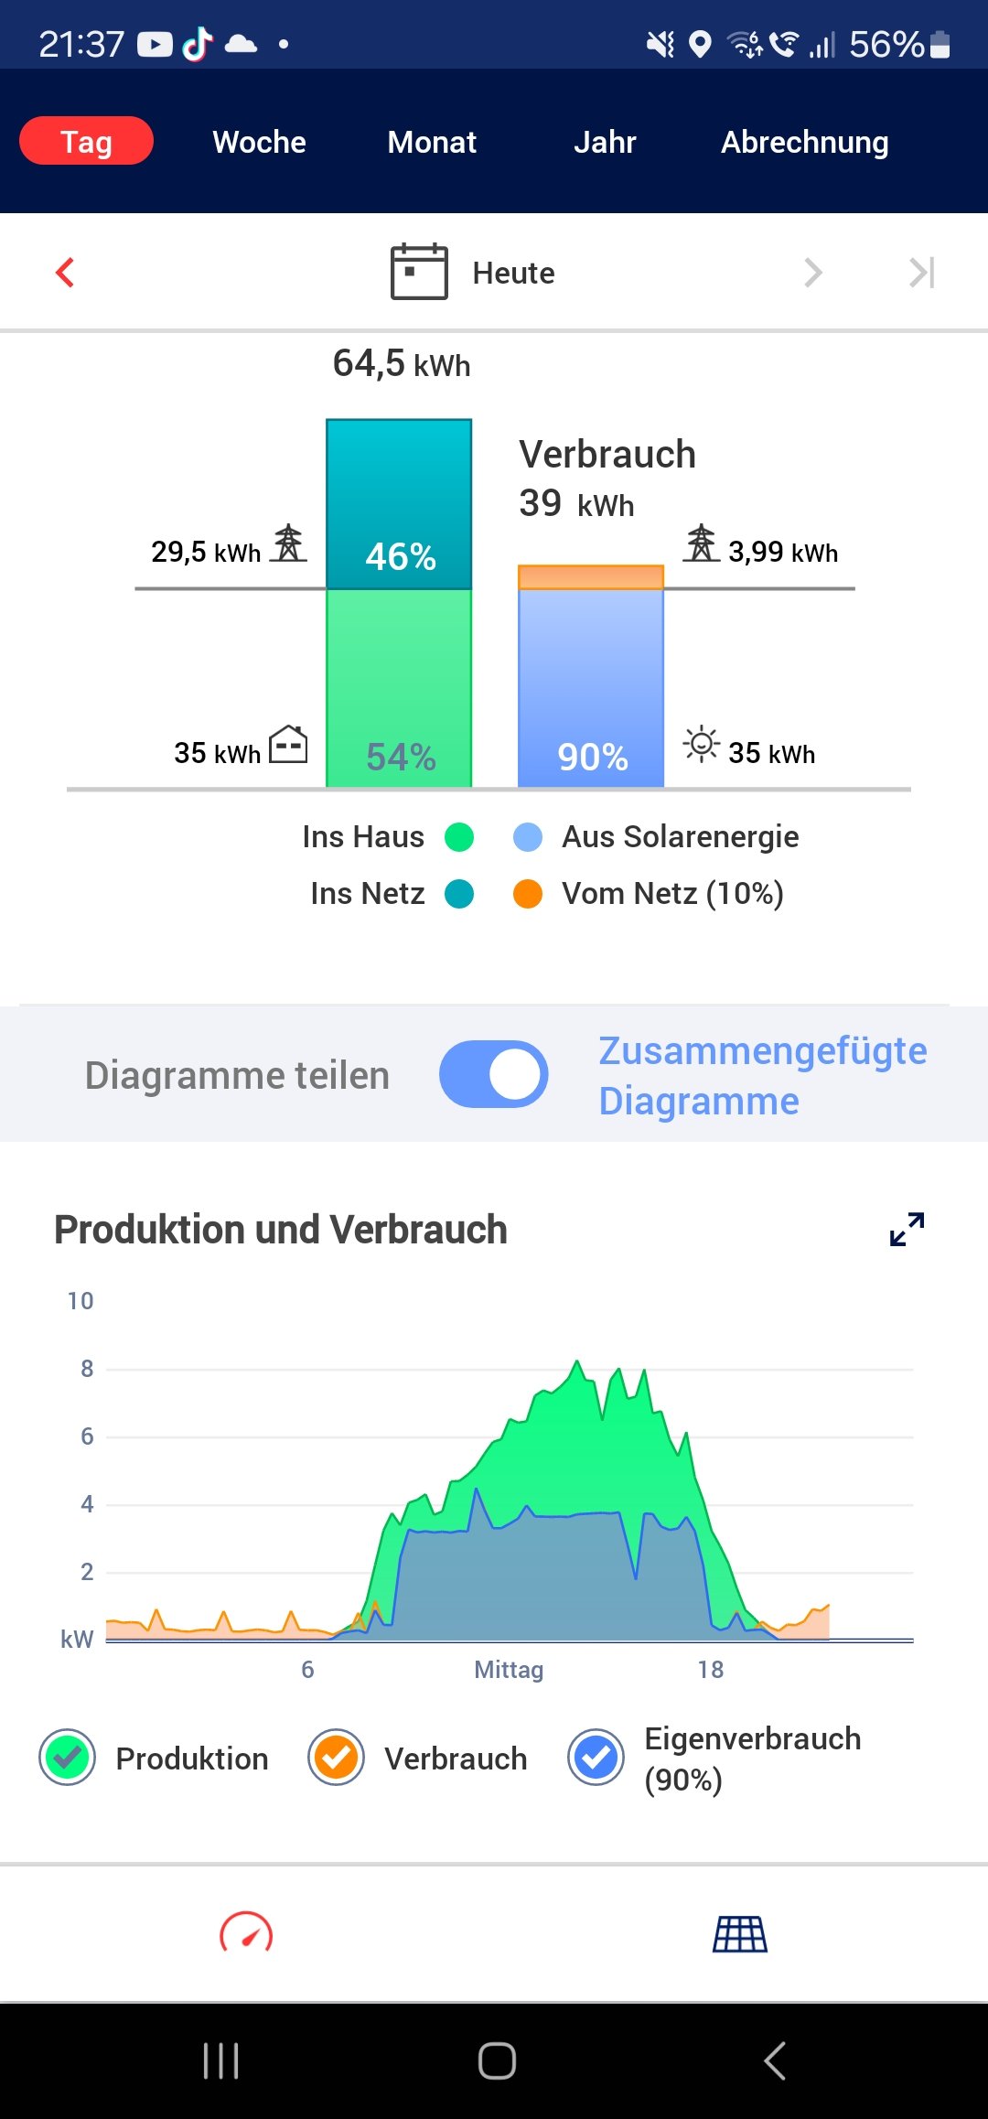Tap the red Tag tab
[86, 141]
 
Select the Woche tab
[259, 142]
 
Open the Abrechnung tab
[804, 142]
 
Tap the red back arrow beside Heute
[65, 272]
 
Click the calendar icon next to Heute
[419, 272]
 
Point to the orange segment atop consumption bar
[591, 577]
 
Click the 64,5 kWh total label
[401, 364]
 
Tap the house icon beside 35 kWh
[288, 744]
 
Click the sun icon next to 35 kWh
[702, 744]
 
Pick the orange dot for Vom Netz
[528, 893]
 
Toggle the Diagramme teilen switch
[494, 1074]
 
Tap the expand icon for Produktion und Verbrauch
[907, 1229]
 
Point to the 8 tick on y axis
[87, 1369]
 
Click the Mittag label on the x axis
[509, 1670]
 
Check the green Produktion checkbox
[68, 1758]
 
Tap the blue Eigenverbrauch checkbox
[596, 1758]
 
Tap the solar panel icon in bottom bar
[740, 1934]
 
